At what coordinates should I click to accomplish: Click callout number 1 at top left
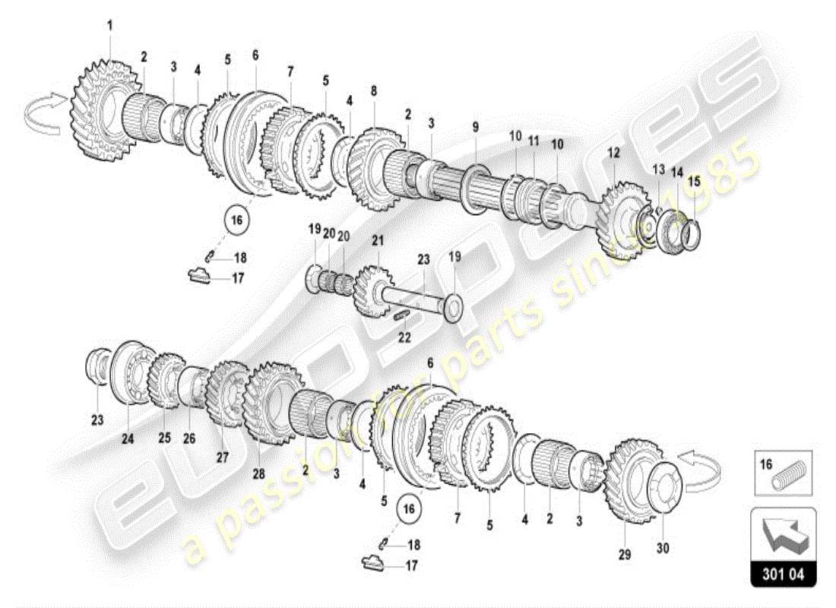(109, 25)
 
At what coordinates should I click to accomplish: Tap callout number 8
(373, 90)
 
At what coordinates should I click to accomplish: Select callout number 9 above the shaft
(475, 126)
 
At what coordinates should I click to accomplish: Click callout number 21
(377, 240)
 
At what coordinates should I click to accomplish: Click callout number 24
(128, 438)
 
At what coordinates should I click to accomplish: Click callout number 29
(625, 555)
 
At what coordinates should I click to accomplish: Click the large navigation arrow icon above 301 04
(783, 535)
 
